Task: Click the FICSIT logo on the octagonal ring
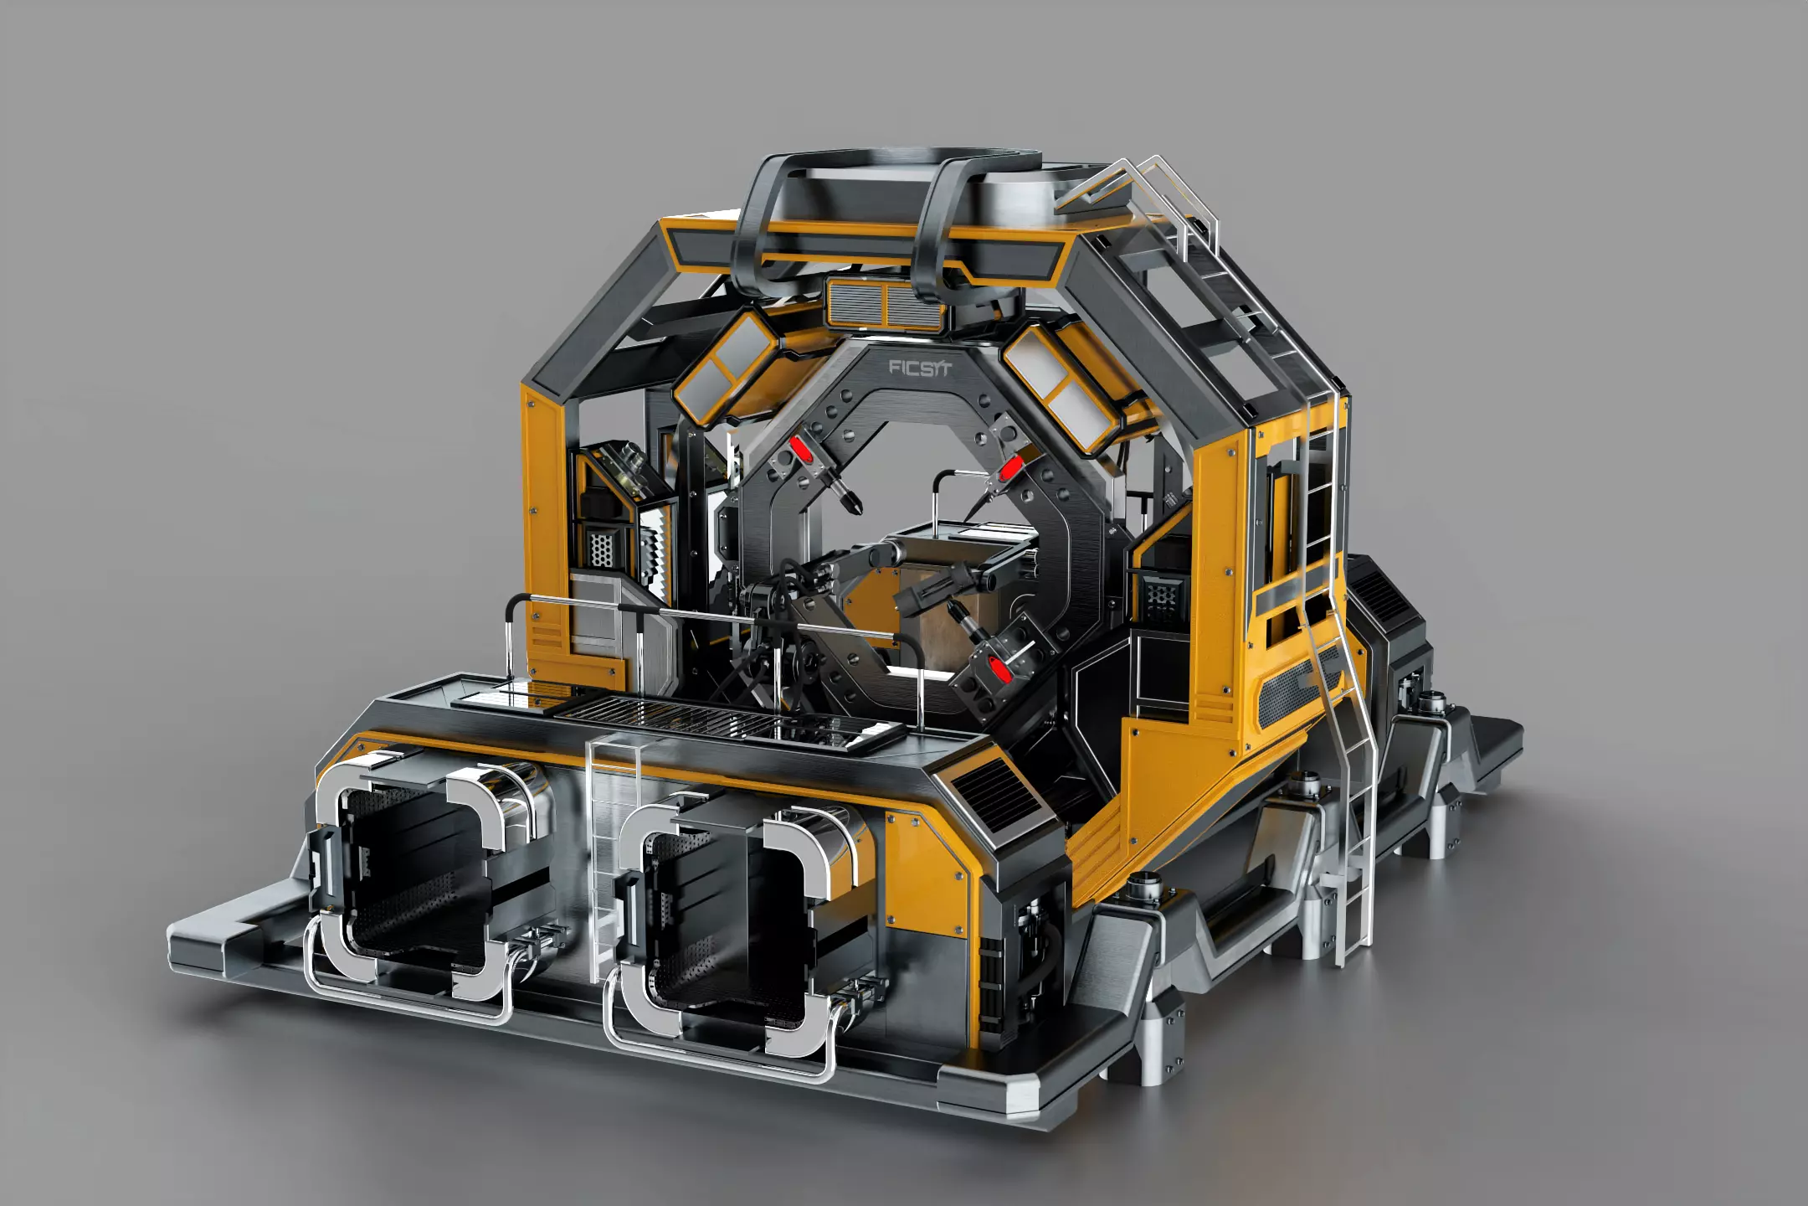(919, 368)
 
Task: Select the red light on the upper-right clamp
(1010, 469)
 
